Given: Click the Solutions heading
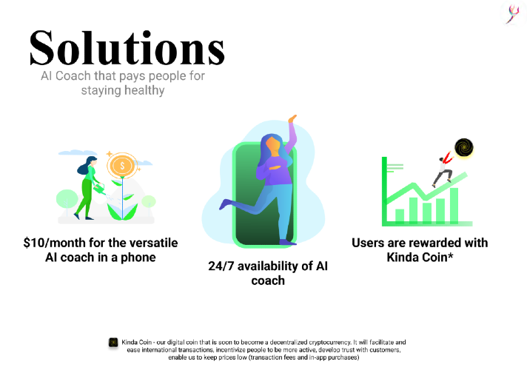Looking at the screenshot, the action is (127, 48).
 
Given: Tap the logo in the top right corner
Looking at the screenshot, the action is (513, 14).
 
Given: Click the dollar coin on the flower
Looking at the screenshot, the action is (122, 166).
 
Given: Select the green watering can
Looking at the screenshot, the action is (99, 189).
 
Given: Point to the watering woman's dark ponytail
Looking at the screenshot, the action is (83, 169).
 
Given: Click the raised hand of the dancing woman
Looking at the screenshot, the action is (292, 118).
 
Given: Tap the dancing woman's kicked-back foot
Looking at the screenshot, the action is (225, 204).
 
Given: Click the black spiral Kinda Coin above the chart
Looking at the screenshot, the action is (464, 148).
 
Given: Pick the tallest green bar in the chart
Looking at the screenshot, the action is (454, 205).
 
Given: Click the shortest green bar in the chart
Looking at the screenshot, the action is (400, 216).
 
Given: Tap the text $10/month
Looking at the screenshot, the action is (47, 243).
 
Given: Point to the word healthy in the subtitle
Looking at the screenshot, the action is (144, 90).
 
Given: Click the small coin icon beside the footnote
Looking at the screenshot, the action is (113, 343).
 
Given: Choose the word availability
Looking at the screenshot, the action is (268, 266).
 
